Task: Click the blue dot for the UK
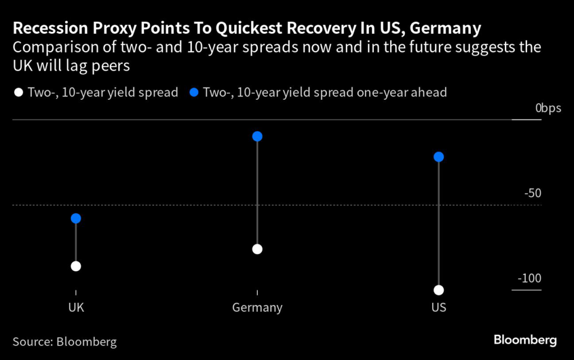tap(76, 218)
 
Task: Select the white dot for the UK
tap(76, 266)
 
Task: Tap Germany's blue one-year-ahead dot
tap(257, 136)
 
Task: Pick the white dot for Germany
tap(257, 249)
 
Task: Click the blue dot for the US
tap(439, 156)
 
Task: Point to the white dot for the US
tap(439, 290)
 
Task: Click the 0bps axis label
tap(548, 108)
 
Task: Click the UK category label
tap(76, 308)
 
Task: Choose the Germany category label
tap(257, 308)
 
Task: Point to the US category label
tap(439, 308)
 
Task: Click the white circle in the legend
tap(18, 93)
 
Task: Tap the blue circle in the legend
tap(195, 93)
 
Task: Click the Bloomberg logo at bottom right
tap(525, 340)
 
